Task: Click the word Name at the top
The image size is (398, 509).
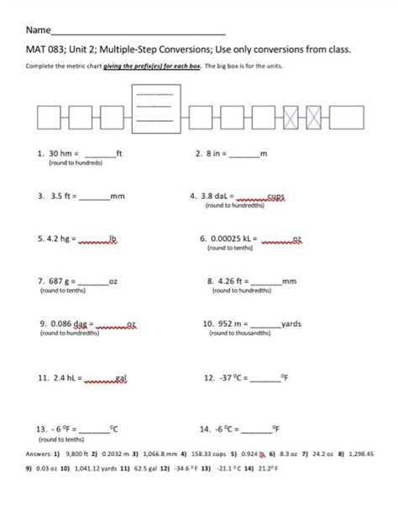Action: (39, 30)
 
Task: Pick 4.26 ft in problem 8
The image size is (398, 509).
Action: (236, 281)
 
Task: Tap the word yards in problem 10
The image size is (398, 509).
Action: (291, 323)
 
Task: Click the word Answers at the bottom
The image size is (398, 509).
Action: (42, 452)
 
